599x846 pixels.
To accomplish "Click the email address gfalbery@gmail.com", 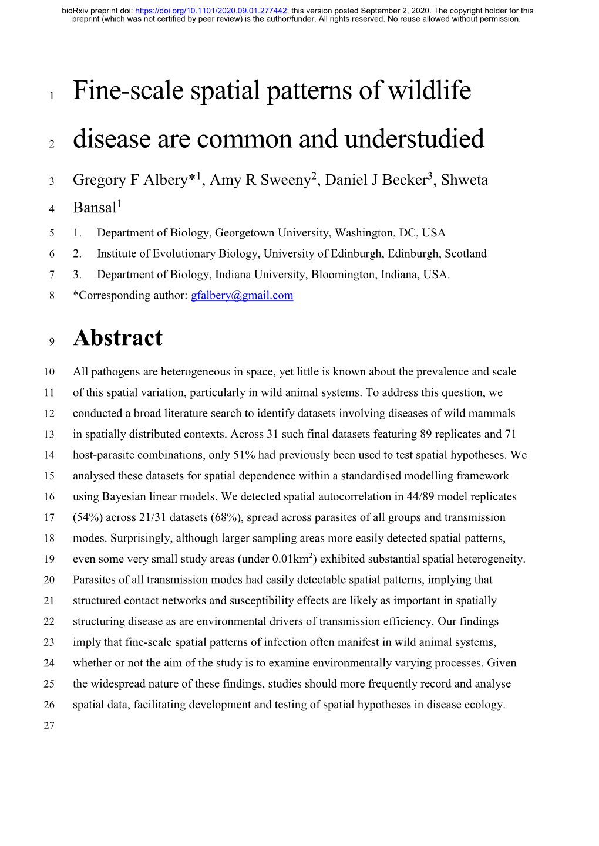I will click(x=242, y=295).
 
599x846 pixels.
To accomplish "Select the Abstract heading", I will click(x=118, y=338).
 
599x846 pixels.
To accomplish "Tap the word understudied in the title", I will click(x=415, y=139).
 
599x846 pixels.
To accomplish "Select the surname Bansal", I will click(x=95, y=208).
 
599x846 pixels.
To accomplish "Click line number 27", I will click(x=49, y=726).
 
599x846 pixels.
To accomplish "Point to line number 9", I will click(x=52, y=341).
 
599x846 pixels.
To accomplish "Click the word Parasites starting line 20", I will click(x=95, y=580).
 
